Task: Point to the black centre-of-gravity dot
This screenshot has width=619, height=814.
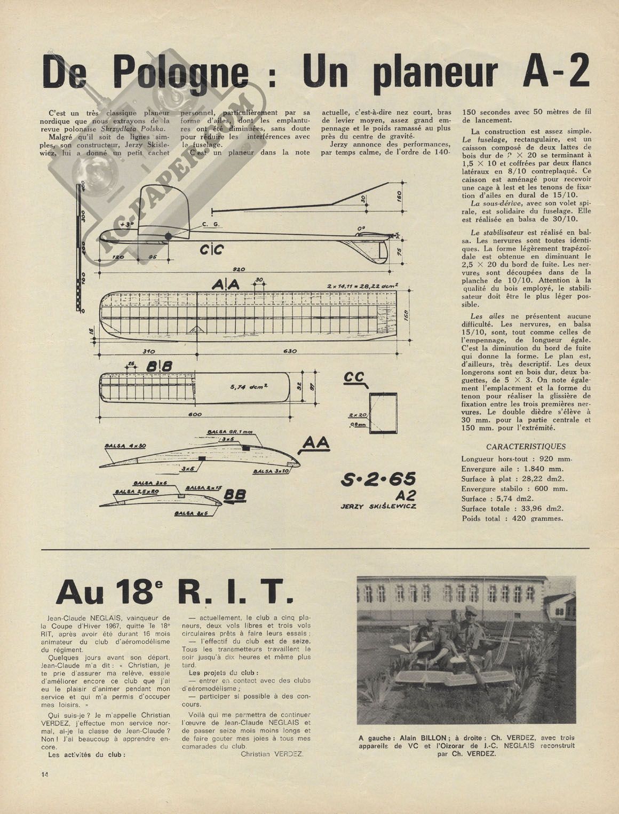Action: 169,236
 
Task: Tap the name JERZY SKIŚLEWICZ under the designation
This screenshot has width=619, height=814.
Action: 378,505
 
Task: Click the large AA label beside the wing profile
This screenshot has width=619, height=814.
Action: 316,445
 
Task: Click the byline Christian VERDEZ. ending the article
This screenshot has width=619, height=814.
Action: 272,754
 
